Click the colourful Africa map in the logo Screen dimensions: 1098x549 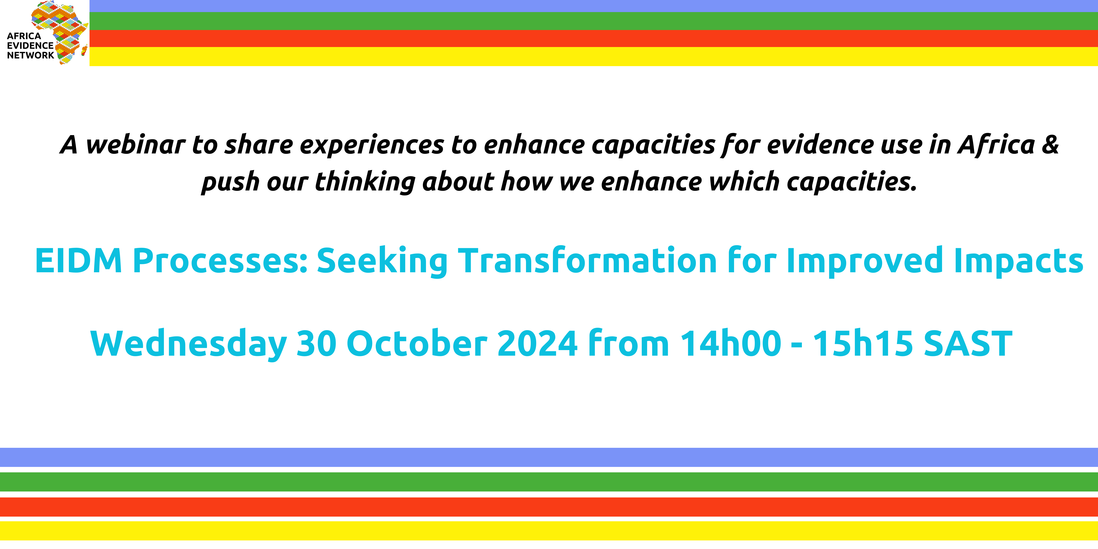(x=60, y=32)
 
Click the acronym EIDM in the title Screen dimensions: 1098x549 (x=79, y=260)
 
